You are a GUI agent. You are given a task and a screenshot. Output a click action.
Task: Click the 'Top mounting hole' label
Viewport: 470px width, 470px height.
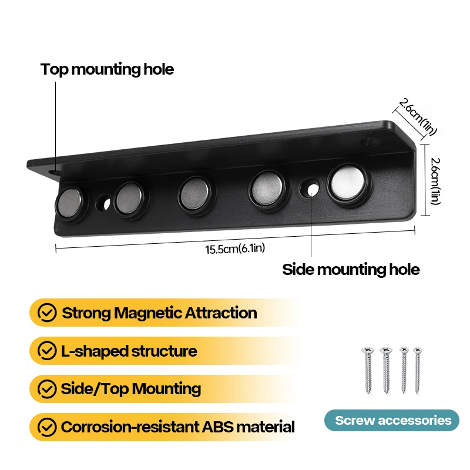click(107, 69)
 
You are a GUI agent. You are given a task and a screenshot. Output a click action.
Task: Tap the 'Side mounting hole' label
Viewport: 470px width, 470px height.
click(351, 270)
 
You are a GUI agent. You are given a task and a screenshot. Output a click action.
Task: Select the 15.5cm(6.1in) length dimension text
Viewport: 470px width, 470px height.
click(235, 249)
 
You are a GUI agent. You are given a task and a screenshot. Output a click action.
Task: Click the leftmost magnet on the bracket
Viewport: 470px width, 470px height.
click(70, 202)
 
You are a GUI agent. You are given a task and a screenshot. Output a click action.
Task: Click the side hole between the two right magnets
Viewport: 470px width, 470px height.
click(310, 189)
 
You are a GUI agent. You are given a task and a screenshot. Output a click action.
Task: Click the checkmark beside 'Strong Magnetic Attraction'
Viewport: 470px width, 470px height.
click(47, 313)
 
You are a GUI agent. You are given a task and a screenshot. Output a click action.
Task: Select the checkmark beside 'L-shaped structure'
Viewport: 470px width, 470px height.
click(47, 351)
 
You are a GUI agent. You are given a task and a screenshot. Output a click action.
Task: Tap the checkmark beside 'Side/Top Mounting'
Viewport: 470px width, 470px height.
click(47, 389)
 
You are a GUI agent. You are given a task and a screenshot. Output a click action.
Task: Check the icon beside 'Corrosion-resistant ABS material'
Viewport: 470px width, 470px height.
click(47, 427)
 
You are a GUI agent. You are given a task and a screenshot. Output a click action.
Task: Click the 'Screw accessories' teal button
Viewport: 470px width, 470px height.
click(393, 420)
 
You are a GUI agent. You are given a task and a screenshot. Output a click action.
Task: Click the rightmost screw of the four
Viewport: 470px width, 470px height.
click(418, 370)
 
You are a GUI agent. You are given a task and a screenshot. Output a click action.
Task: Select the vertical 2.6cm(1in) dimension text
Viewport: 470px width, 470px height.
click(435, 182)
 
